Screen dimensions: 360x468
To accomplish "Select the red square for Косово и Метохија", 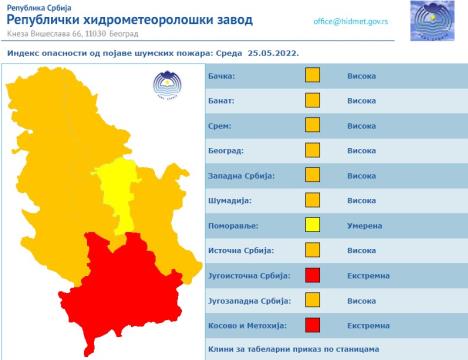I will (312, 324).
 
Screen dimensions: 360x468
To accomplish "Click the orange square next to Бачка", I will (312, 75).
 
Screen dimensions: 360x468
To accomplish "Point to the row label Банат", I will (223, 100).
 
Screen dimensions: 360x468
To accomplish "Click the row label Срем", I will (220, 125).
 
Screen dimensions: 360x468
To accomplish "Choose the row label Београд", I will (226, 150).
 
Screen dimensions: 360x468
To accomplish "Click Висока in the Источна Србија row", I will (361, 250).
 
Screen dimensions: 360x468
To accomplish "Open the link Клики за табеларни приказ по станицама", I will (293, 350).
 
